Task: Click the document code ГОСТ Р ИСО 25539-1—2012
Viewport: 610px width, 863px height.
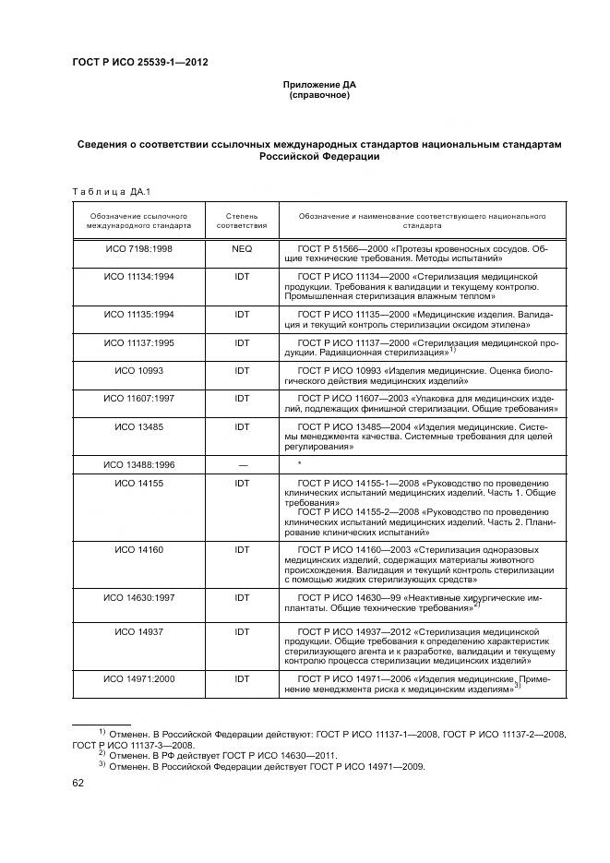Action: point(139,63)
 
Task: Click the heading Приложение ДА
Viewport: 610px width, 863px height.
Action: point(318,85)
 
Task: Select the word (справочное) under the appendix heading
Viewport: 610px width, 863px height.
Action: point(318,95)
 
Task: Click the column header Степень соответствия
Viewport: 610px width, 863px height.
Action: point(242,220)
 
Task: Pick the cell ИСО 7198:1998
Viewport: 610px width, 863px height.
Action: point(138,249)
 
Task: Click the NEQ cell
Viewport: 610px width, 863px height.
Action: point(242,249)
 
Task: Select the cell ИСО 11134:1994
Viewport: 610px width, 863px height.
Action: point(138,276)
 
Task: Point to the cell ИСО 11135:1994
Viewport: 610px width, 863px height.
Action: point(138,315)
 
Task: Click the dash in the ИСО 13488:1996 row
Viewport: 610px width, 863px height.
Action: point(242,463)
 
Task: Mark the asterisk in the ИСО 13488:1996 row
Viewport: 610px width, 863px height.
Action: point(300,463)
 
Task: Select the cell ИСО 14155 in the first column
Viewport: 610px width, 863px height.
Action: point(138,483)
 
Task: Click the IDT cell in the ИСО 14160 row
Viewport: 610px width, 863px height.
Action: point(242,549)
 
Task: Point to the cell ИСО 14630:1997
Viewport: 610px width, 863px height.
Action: point(138,598)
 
